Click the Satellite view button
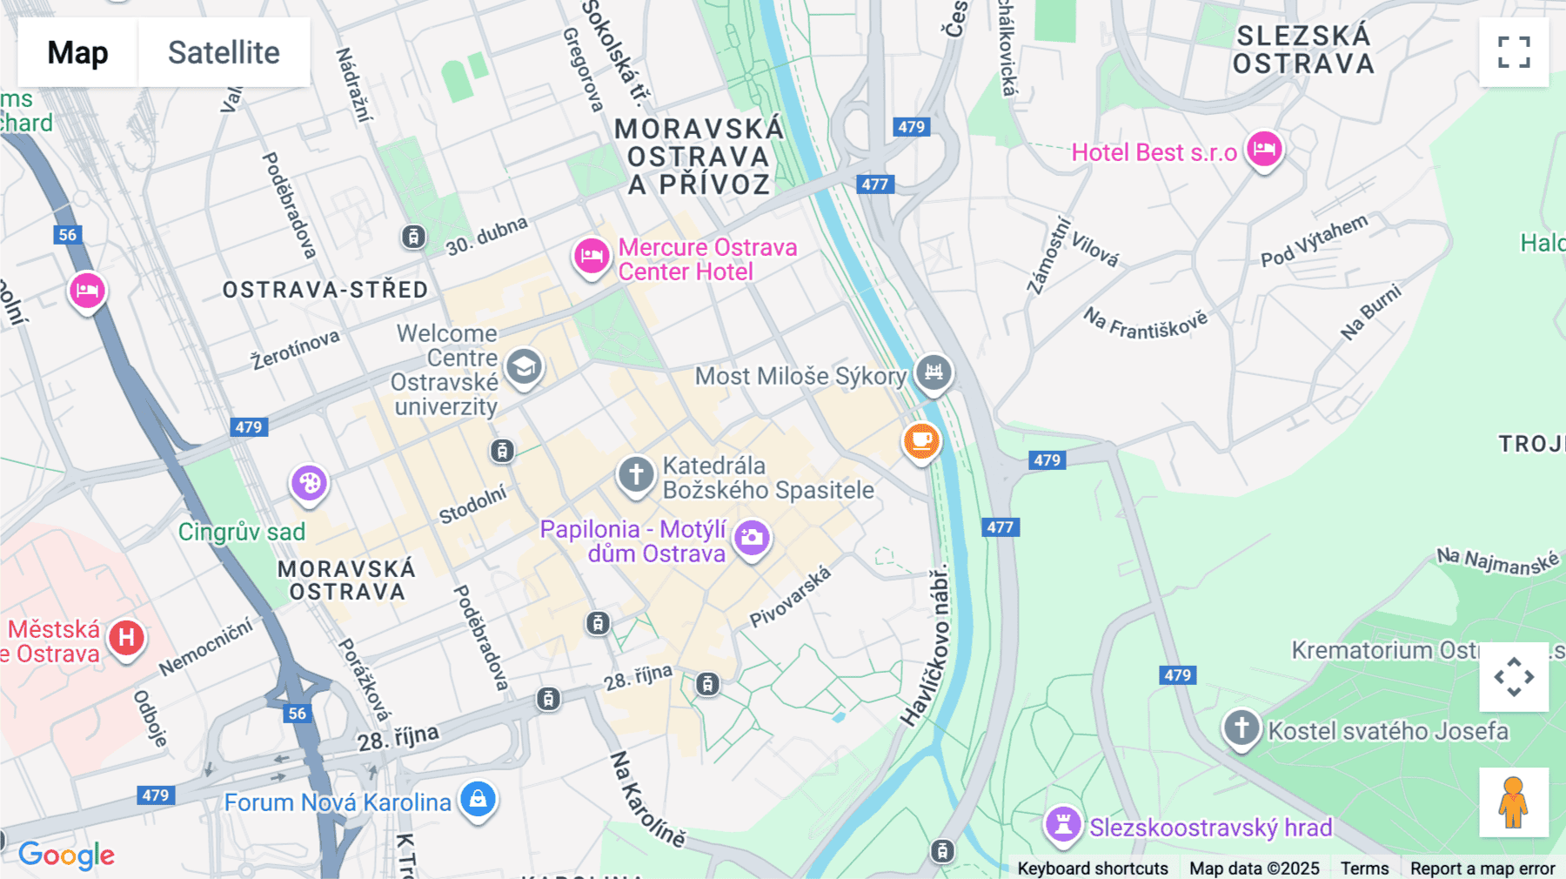pos(224,52)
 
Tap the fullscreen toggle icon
pos(1514,52)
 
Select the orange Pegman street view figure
pos(1514,802)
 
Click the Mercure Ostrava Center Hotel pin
pos(592,257)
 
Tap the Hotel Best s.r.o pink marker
pos(1264,149)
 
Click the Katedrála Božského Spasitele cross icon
pos(636,475)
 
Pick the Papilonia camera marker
pos(753,538)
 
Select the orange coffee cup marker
pos(921,441)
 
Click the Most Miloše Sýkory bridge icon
pos(934,373)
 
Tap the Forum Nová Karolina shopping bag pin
pos(478,799)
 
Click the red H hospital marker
pos(127,638)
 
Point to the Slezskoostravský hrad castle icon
pos(1062,823)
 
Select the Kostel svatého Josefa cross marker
pos(1241,728)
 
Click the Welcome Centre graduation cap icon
pos(524,368)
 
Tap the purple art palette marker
pos(309,483)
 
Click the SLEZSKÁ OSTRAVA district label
pos(1302,50)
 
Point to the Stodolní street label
pos(472,505)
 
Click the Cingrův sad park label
pos(242,532)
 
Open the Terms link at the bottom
pos(1364,868)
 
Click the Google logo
pos(67,855)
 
